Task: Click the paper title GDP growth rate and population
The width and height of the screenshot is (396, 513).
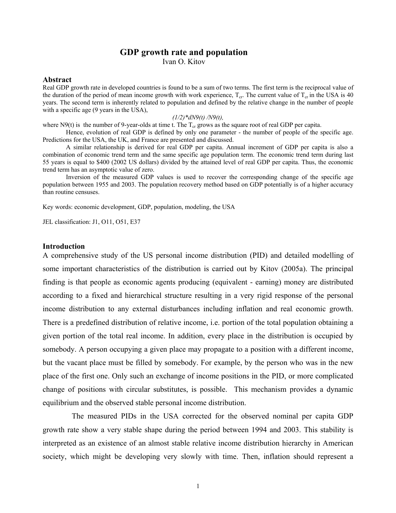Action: pos(184,52)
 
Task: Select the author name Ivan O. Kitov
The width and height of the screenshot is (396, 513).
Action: pos(184,62)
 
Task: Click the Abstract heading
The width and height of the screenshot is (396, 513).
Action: pos(57,80)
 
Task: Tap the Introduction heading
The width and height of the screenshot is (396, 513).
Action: pos(63,246)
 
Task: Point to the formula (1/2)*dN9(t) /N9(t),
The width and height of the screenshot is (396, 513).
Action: pos(198,118)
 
